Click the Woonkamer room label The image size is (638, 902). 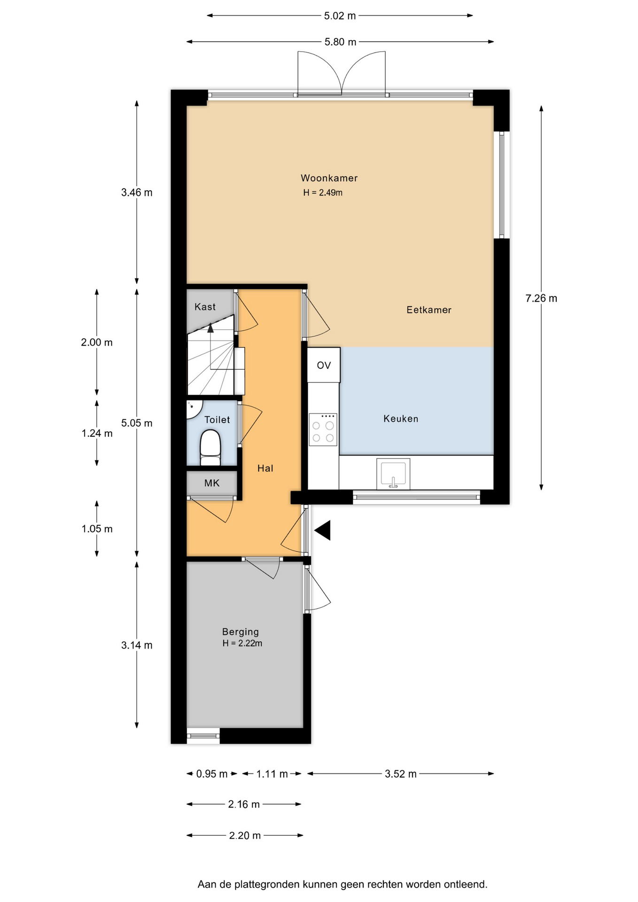coord(329,178)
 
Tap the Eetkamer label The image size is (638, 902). coord(429,310)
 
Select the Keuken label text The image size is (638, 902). coord(401,419)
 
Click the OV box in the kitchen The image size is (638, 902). coord(324,365)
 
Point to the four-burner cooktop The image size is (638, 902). coord(323,429)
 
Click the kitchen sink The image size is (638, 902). coord(393,474)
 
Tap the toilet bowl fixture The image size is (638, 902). coord(210,448)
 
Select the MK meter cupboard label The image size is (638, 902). coord(212,483)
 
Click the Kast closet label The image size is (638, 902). coord(205,307)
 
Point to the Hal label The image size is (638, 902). coord(265,468)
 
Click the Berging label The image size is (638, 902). coord(241,632)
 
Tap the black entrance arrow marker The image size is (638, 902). coord(323,530)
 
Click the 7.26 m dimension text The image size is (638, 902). coord(541,298)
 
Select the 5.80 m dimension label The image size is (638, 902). coord(341,42)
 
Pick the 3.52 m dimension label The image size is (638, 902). coord(401,774)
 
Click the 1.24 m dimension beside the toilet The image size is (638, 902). coord(97,433)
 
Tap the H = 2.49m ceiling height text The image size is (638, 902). coord(323,193)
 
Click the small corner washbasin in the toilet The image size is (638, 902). coord(193,409)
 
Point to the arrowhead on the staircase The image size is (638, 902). coord(210,328)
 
